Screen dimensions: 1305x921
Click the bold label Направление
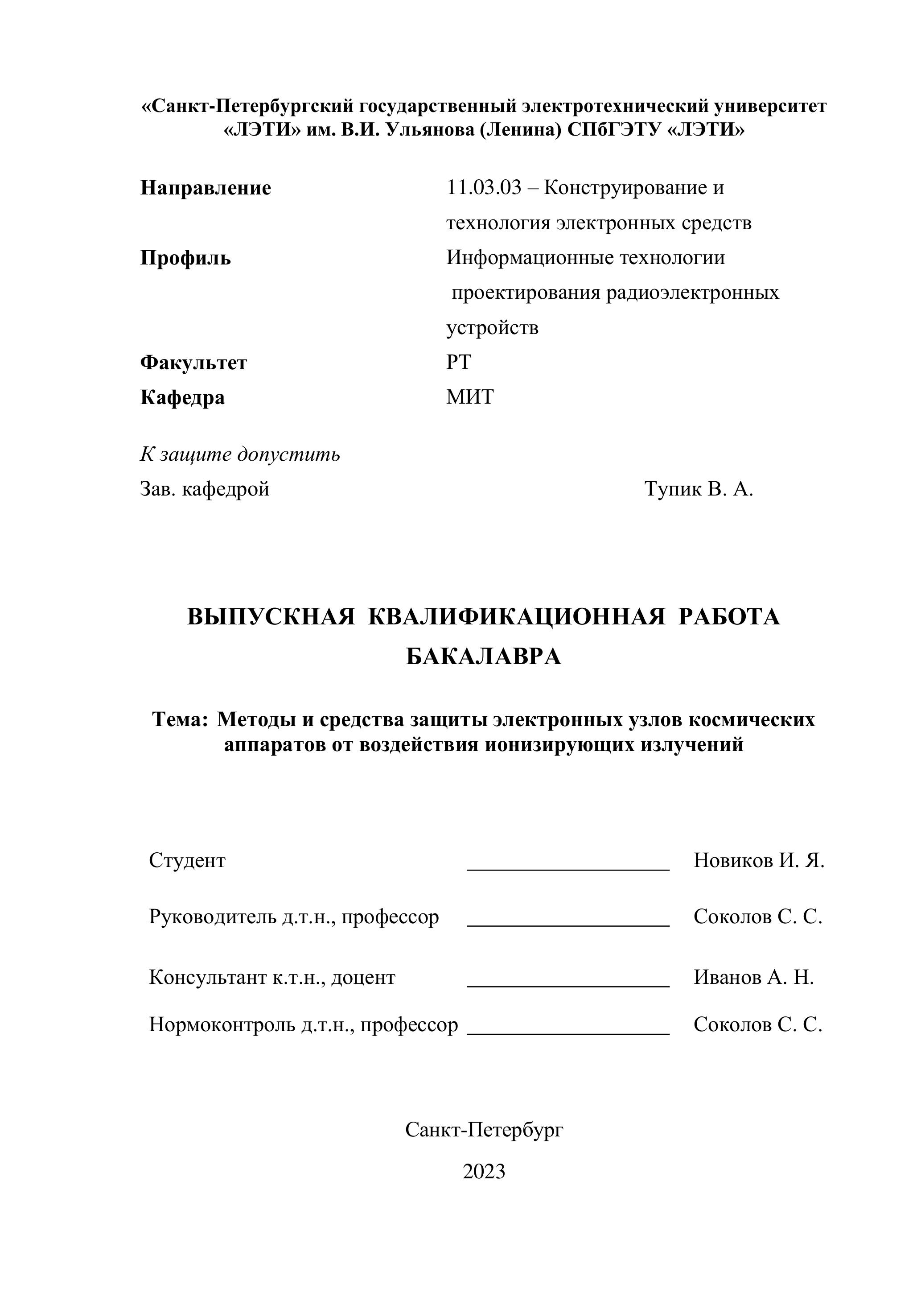[x=206, y=188]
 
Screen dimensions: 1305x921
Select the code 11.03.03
[x=484, y=188]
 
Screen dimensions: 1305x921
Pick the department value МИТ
[x=470, y=397]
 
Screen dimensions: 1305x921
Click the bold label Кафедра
[x=182, y=397]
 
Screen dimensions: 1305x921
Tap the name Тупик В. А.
[x=698, y=489]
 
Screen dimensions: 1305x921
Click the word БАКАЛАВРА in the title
[x=484, y=657]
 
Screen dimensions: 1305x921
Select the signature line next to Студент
[x=568, y=868]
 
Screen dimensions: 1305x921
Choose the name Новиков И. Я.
[x=758, y=860]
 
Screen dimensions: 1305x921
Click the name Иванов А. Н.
[x=753, y=977]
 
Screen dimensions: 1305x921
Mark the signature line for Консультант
[x=568, y=986]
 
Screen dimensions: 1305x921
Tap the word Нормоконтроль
[x=222, y=1024]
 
